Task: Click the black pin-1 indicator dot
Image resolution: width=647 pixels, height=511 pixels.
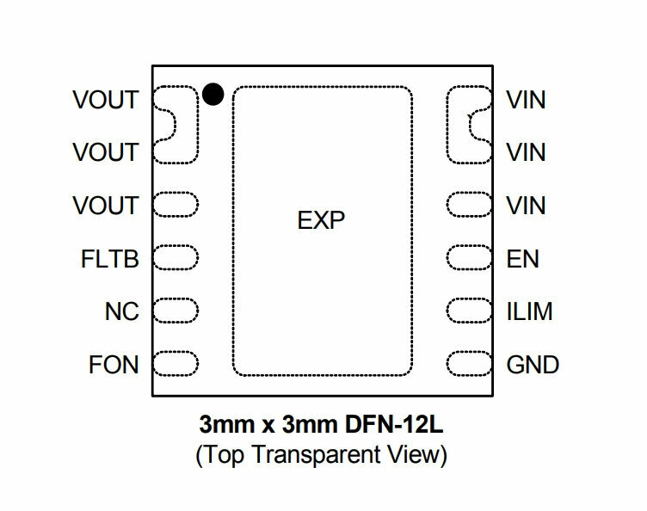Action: click(213, 94)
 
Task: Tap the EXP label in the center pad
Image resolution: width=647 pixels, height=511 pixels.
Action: click(321, 220)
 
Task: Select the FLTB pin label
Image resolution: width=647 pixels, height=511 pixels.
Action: click(110, 259)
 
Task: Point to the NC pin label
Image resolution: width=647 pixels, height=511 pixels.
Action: click(121, 311)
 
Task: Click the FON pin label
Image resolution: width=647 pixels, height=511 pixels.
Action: click(114, 365)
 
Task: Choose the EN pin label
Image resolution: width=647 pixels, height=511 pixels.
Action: click(523, 259)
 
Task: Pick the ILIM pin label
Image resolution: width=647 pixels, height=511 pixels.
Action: click(529, 311)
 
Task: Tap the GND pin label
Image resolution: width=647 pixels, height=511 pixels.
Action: click(533, 365)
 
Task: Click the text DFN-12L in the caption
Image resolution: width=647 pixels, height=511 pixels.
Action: click(394, 424)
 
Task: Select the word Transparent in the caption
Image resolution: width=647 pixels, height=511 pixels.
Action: click(317, 455)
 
